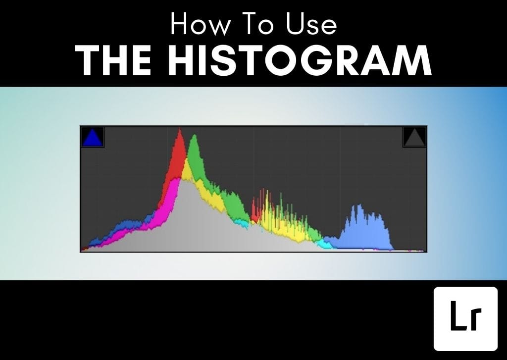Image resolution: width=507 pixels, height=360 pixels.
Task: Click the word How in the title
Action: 199,24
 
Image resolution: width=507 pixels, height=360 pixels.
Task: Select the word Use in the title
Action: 311,24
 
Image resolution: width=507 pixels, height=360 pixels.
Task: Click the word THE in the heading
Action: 113,60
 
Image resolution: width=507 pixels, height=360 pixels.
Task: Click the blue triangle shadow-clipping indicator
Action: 93,137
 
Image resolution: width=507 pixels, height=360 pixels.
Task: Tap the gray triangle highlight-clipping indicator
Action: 414,137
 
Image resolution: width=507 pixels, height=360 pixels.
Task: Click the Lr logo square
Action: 465,318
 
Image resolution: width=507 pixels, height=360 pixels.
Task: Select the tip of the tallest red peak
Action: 180,128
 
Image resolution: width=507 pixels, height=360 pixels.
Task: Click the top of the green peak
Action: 194,135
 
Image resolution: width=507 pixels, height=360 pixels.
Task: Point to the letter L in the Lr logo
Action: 457,315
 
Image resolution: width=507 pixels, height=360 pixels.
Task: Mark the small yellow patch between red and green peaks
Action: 187,170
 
